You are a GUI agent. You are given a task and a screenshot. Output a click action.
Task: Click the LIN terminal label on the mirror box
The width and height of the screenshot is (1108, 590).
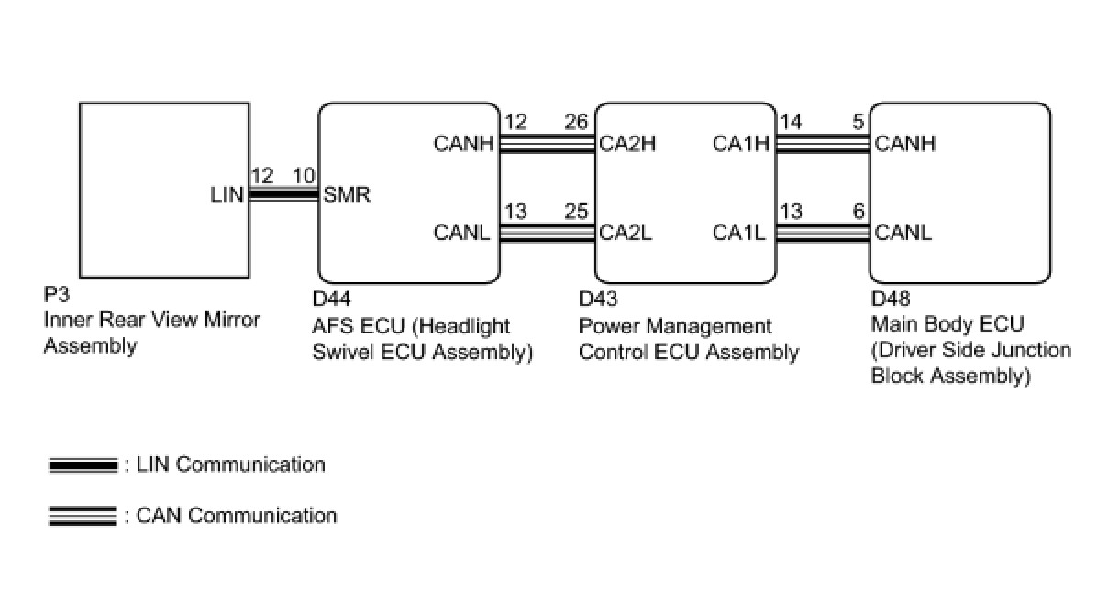tap(227, 195)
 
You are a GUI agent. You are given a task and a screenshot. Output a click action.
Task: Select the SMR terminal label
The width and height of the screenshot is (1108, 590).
tap(347, 195)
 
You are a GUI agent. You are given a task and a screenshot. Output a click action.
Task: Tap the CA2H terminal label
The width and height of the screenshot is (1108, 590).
tap(627, 144)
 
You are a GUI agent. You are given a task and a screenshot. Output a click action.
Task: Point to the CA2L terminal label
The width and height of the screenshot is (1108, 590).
tap(626, 233)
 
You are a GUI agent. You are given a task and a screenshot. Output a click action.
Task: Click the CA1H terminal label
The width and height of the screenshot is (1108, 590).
tap(741, 144)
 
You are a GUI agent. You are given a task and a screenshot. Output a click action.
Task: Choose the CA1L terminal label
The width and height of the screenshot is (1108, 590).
tap(739, 233)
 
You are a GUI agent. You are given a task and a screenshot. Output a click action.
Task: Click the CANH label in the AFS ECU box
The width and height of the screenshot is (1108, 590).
tap(463, 144)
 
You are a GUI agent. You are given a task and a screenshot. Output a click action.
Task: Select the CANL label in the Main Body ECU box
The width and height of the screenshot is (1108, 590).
tap(903, 233)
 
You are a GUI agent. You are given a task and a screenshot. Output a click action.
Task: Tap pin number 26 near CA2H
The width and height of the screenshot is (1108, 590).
tap(576, 122)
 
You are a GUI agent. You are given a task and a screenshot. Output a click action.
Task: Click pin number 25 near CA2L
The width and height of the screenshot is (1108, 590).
tap(576, 212)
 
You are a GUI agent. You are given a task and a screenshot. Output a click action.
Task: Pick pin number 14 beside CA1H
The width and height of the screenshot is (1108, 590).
tap(791, 122)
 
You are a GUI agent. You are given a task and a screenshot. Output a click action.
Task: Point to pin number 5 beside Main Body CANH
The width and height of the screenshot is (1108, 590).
tap(859, 122)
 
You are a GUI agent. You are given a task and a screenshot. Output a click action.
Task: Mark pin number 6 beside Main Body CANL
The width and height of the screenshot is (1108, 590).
tap(859, 212)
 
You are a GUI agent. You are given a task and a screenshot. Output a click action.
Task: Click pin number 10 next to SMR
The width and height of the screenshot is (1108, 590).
tap(304, 176)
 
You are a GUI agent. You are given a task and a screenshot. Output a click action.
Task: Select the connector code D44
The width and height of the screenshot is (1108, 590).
tap(331, 299)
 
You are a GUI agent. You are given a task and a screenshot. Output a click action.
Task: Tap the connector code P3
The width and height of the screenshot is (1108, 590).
tap(57, 295)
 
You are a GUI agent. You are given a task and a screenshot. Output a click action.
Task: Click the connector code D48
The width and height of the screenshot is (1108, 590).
tap(890, 299)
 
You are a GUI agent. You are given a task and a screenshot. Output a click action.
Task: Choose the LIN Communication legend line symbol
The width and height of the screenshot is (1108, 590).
tap(83, 465)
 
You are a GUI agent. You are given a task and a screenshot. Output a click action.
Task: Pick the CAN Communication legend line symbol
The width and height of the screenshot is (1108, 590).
tap(83, 516)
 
